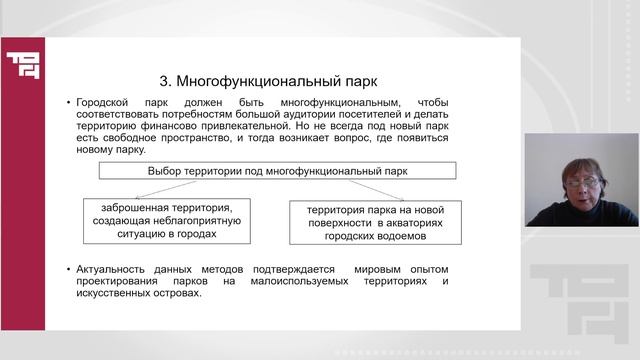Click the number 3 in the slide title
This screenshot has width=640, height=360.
click(x=166, y=78)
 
